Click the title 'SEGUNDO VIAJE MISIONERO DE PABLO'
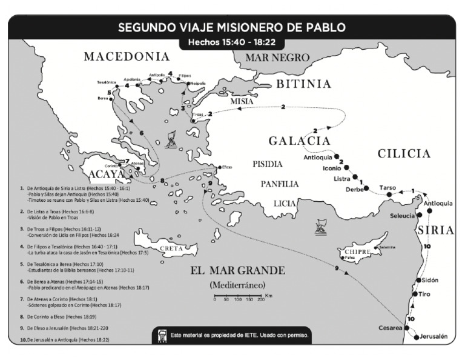point(232,27)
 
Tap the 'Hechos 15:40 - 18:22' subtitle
point(232,43)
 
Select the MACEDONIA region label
point(127,57)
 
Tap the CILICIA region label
point(404,154)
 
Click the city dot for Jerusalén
point(415,337)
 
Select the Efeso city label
point(227,167)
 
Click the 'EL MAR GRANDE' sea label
point(237,270)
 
